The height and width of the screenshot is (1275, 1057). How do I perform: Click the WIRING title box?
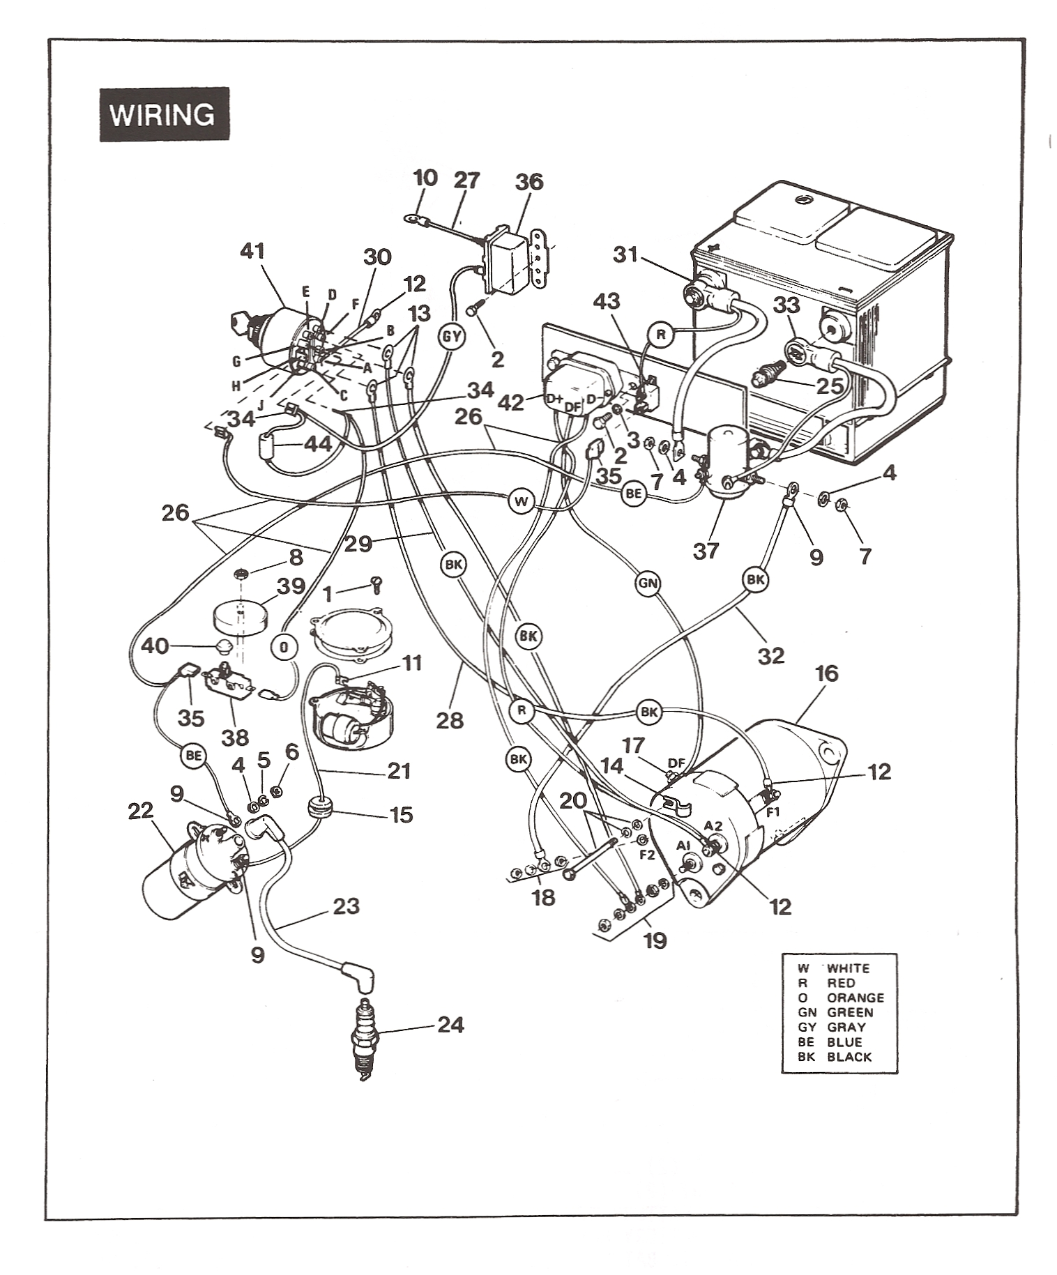pos(164,114)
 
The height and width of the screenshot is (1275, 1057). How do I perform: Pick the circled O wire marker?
pos(284,646)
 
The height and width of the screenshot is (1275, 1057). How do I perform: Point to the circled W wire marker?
pos(521,501)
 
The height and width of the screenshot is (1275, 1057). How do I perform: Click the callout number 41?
pos(252,252)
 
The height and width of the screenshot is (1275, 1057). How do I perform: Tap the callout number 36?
pos(528,182)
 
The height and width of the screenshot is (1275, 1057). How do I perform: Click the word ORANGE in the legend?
pos(855,998)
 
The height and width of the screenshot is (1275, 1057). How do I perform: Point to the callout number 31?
pos(625,255)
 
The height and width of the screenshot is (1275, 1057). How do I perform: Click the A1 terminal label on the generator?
pos(683,846)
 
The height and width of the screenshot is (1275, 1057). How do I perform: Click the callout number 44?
pos(318,443)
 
